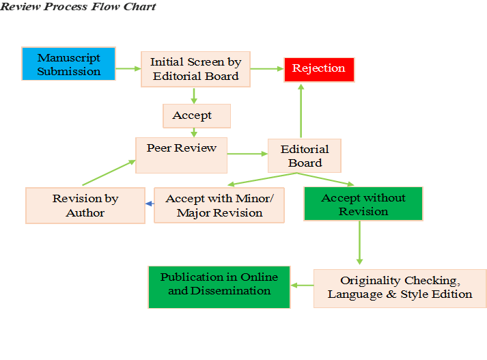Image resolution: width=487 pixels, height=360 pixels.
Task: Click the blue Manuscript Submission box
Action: coord(69,64)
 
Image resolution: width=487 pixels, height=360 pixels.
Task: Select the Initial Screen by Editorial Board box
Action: coord(196,69)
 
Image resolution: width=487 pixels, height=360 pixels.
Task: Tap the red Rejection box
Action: coord(319,68)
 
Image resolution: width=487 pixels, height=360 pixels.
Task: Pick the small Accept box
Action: coord(197,115)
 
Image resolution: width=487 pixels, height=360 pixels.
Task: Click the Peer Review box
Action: coord(181,154)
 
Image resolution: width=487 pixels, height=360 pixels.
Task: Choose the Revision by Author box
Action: coord(85,206)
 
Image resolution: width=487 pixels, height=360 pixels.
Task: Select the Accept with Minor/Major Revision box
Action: coord(219,206)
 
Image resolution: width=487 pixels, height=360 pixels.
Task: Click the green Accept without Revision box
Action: coord(363,204)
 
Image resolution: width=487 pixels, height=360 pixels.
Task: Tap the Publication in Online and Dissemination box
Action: coord(219,286)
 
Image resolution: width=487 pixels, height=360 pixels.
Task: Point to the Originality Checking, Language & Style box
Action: coord(400,288)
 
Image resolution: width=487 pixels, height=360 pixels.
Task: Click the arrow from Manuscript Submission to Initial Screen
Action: coord(128,68)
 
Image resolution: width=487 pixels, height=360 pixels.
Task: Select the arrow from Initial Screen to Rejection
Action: coord(267,68)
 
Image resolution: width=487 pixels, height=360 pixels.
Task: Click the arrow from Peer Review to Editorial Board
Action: coord(247,154)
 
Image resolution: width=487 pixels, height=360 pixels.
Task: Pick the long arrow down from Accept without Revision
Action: coord(360,243)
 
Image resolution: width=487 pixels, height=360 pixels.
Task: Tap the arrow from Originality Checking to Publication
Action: coord(302,286)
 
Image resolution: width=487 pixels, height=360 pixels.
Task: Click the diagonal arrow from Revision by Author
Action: coord(108,173)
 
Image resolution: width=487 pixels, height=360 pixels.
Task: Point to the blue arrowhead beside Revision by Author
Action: coord(149,203)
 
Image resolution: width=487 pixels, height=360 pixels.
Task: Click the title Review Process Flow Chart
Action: coord(78,7)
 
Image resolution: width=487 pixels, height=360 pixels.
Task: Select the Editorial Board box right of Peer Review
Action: coord(305,156)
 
